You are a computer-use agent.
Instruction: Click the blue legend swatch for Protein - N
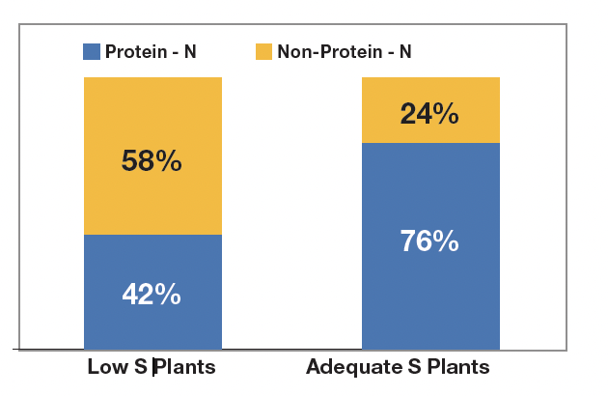coord(92,51)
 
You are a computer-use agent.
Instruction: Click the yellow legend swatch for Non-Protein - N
coord(263,51)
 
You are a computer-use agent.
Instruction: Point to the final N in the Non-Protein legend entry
coord(405,51)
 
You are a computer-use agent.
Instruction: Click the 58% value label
coord(152,161)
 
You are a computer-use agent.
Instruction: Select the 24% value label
coord(429,115)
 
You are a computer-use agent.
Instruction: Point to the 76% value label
coord(429,240)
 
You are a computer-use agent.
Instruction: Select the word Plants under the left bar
coord(185,368)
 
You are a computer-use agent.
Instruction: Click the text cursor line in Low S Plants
coord(152,368)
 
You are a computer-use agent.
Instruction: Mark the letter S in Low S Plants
coord(139,368)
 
